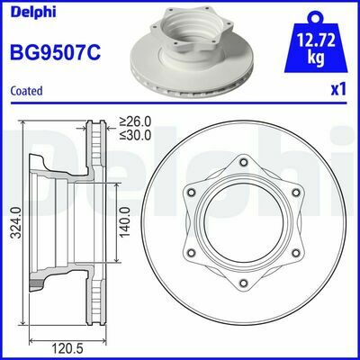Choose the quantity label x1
[338, 91]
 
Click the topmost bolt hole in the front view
[243, 164]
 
